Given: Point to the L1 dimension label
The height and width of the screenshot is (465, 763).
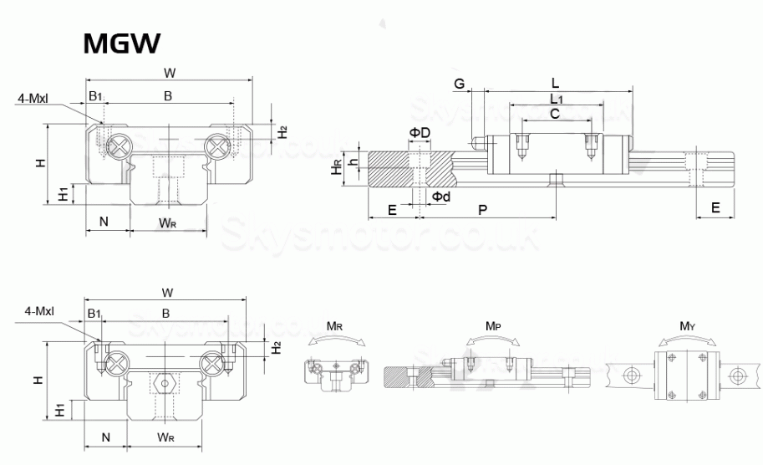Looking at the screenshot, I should (556, 99).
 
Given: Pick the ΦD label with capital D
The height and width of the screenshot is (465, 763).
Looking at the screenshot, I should (419, 133).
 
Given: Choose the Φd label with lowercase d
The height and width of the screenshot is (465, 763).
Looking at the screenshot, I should (441, 196).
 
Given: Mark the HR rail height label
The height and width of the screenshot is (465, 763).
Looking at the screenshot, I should (336, 169).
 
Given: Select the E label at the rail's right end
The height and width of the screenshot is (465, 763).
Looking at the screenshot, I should (715, 208).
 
